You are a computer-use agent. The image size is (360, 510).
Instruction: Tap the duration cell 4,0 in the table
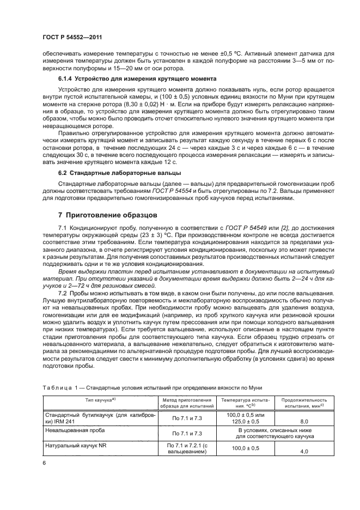click(x=304, y=451)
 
